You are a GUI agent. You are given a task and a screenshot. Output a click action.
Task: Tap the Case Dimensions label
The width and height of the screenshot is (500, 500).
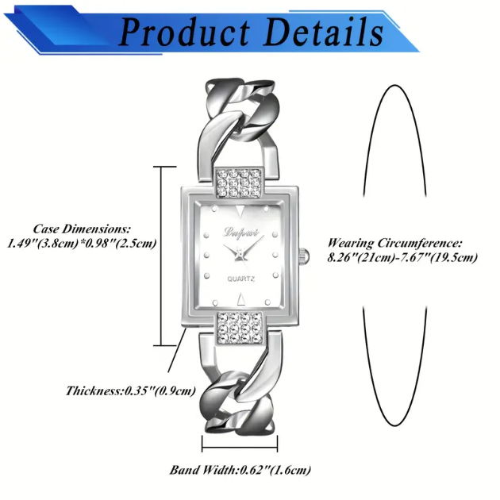pyautogui.click(x=83, y=228)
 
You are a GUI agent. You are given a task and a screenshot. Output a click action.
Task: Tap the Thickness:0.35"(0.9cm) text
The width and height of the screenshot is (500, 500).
pyautogui.click(x=131, y=390)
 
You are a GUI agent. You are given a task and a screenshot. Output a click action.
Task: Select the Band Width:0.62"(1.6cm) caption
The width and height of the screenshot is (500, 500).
pyautogui.click(x=240, y=469)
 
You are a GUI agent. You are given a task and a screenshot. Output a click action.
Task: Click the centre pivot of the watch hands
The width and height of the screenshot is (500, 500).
pyautogui.click(x=240, y=253)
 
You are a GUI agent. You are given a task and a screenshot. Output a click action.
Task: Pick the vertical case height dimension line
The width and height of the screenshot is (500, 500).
pyautogui.click(x=163, y=256)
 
